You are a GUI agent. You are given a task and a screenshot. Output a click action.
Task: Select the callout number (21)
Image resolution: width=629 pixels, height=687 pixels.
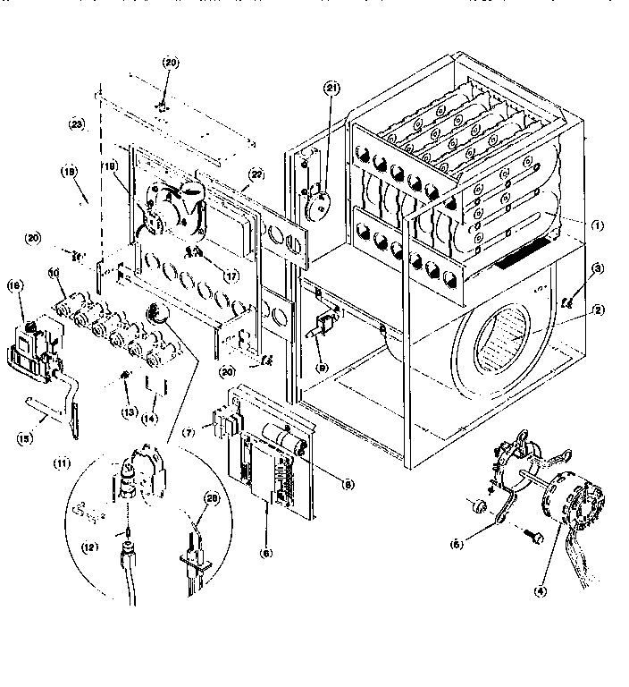point(332,88)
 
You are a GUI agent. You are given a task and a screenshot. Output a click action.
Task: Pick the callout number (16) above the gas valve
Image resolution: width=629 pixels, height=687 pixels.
point(15,285)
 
